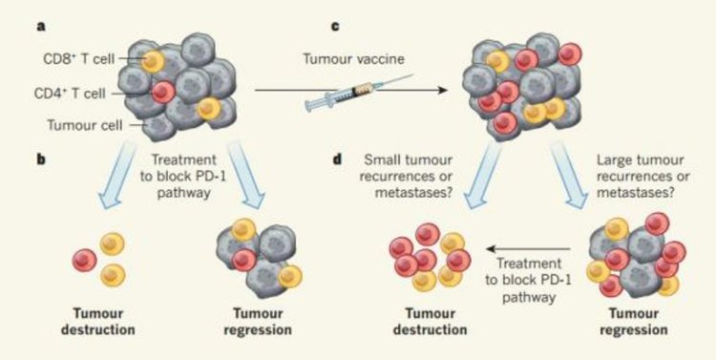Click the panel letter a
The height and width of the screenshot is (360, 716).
[41, 27]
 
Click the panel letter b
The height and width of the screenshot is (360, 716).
[42, 160]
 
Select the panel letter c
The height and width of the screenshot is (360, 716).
[335, 27]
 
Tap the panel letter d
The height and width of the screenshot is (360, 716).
[338, 160]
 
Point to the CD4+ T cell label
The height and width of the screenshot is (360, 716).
[70, 94]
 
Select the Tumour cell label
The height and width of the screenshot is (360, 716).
[85, 125]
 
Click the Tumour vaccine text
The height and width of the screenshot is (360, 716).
[354, 58]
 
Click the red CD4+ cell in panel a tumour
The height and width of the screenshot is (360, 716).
[163, 92]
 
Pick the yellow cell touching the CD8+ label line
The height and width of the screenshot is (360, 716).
[153, 61]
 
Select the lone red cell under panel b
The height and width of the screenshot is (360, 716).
[84, 260]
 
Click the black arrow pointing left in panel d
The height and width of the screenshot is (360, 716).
[529, 249]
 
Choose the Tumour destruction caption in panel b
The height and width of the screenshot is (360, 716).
[97, 322]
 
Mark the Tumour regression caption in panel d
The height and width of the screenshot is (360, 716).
[634, 322]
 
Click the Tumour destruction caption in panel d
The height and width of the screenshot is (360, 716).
[430, 322]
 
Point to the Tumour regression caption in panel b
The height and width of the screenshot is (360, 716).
[258, 322]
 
